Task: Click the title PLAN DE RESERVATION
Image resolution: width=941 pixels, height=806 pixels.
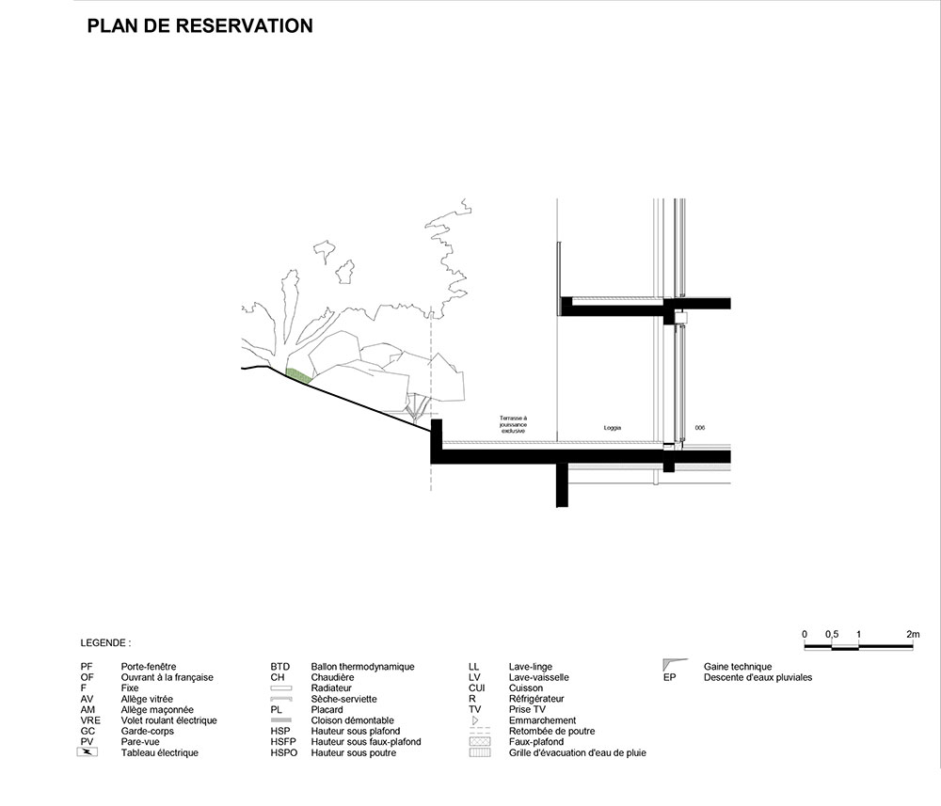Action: coord(199,26)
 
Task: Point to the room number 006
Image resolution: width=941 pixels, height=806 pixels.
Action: coord(699,428)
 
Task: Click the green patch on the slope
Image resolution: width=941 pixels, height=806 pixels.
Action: coord(298,374)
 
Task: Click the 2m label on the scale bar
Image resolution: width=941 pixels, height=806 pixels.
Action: coord(913,635)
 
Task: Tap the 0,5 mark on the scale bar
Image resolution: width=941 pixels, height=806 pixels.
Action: coord(832,635)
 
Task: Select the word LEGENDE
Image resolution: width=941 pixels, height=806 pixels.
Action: coord(105,645)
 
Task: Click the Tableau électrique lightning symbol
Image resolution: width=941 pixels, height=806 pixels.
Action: coord(88,752)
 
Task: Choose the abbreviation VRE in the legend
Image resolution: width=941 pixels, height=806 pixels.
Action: coord(90,720)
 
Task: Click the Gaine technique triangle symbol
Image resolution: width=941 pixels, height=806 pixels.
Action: coord(671,665)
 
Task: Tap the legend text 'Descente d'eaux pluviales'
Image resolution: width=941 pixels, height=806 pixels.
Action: coord(758,677)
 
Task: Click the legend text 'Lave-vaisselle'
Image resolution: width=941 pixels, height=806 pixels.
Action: coord(538,677)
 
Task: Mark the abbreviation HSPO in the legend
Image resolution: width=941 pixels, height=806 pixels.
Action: coord(284,752)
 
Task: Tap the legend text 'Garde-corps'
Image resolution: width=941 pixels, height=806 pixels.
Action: coord(147,731)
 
